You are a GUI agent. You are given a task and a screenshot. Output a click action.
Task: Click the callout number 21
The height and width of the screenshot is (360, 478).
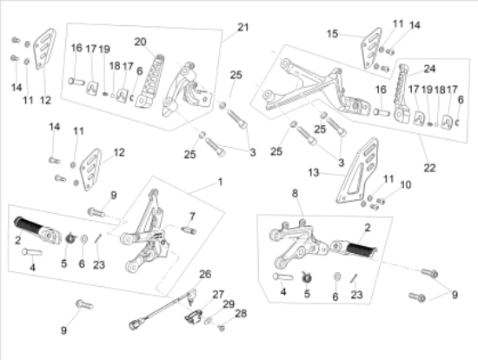tap(243, 28)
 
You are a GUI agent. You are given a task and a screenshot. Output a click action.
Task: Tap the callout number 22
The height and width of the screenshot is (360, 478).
tap(429, 168)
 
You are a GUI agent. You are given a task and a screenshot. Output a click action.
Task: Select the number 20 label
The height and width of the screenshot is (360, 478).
tap(140, 42)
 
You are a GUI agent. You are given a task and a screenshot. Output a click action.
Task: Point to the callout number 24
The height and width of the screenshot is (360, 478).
tap(429, 69)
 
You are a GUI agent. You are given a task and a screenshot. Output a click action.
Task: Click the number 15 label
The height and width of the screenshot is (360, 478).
tap(332, 34)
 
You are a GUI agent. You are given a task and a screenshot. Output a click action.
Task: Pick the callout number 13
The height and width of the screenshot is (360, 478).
tap(314, 173)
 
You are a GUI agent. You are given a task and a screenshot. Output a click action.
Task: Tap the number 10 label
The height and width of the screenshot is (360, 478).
tap(405, 184)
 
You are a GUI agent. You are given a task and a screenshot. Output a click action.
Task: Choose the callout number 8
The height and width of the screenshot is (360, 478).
tap(295, 193)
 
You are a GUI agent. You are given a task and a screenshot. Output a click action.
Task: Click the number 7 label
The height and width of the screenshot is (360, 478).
tap(192, 217)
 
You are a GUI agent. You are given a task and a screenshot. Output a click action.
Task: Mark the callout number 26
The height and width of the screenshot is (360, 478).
tap(205, 274)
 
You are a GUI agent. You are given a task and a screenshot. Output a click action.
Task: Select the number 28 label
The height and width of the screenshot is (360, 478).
tap(241, 313)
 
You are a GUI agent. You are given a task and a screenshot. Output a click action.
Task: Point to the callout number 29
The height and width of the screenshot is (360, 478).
tap(229, 304)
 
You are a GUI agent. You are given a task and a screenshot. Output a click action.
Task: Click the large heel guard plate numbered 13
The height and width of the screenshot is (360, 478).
tap(357, 170)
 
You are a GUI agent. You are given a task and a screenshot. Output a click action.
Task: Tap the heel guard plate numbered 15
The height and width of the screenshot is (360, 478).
tap(371, 48)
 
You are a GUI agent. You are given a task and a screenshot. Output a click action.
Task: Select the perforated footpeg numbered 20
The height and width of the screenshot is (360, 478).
tap(149, 82)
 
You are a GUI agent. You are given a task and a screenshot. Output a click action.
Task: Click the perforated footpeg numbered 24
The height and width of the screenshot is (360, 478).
tap(402, 94)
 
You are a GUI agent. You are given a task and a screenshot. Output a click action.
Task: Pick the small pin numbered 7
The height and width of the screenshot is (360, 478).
tap(189, 230)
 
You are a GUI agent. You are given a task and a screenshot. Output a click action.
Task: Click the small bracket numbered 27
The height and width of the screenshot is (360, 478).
tap(193, 317)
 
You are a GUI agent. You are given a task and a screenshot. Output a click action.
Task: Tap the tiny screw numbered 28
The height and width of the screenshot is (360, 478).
tap(222, 329)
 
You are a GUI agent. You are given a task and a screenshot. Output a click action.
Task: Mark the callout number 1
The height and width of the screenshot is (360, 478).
tap(220, 182)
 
